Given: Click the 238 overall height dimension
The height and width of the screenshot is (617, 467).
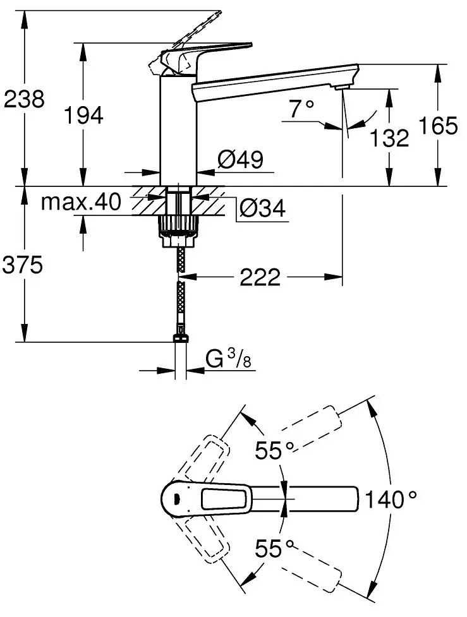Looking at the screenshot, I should tap(24, 99).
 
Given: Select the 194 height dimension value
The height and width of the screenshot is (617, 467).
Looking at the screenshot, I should tap(83, 114).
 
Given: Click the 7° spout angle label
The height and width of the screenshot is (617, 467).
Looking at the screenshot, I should tap(301, 109).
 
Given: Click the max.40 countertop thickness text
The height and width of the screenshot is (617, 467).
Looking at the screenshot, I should tap(80, 202).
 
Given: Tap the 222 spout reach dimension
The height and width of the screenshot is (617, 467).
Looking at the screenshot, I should tap(260, 277).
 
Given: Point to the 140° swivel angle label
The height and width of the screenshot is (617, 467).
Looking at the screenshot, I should tap(392, 500).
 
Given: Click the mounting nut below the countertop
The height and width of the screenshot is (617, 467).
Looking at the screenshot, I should tap(179, 228).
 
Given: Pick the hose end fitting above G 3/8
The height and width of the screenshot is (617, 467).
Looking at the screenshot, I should tap(180, 337).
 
